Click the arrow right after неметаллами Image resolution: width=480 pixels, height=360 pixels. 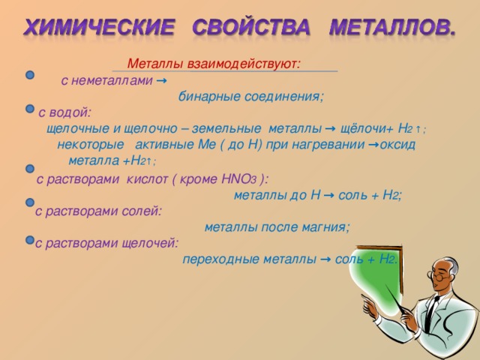(163, 80)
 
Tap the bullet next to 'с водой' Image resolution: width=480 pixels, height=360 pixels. (29, 109)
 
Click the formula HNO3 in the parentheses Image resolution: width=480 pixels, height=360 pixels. (235, 179)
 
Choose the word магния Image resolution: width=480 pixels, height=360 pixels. (324, 227)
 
